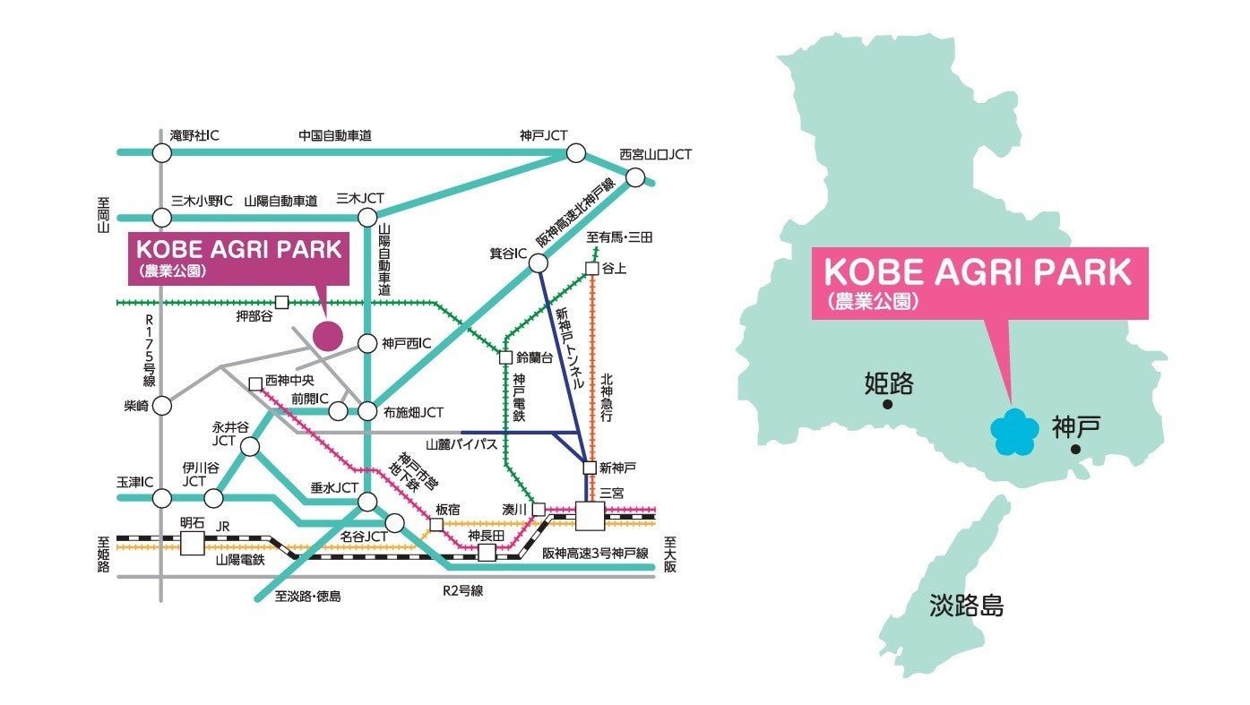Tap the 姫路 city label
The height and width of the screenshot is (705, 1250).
coord(888,384)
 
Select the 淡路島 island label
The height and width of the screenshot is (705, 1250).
coord(967,606)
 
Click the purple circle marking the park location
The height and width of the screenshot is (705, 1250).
coord(328,335)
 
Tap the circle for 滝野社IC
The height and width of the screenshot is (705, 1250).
coord(161,153)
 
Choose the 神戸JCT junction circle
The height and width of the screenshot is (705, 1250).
coord(574,153)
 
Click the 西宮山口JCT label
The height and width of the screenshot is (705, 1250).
coord(656,154)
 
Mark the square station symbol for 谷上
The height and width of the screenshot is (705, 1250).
coord(591,268)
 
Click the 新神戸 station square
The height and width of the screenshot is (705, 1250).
coord(589,468)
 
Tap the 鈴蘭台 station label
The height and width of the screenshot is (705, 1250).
coord(535,357)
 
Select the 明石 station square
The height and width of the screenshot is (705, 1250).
coord(192,543)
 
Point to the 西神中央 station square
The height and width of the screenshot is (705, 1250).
coord(255,383)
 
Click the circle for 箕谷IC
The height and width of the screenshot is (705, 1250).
coord(538,263)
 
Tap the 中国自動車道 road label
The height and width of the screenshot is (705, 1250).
coord(334,136)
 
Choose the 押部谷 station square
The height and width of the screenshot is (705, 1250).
coord(282,303)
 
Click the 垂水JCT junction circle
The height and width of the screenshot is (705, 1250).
coord(367,502)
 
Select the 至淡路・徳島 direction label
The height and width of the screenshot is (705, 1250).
coord(307,596)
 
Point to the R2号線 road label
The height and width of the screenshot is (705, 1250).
coord(462,591)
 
